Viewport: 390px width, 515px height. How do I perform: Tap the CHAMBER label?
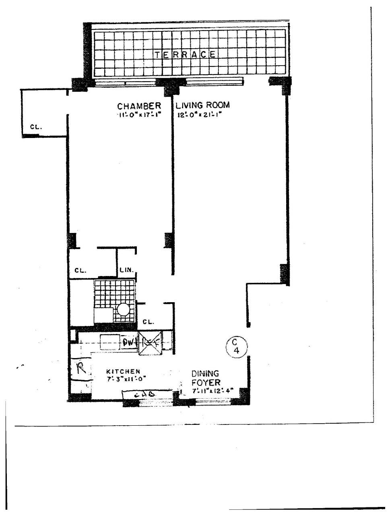tap(139, 106)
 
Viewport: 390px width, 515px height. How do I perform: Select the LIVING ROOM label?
tap(202, 105)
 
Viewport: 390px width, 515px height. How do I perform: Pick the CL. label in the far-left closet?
tap(36, 127)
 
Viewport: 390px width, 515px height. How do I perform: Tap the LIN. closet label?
tap(126, 270)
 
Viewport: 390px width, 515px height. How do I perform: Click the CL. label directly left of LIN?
tap(80, 271)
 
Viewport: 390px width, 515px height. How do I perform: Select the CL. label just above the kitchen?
tap(149, 322)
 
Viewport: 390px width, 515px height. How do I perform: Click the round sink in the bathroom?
tap(123, 309)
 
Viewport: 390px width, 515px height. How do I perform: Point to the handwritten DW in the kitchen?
tap(128, 343)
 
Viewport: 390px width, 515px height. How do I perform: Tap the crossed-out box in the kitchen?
tap(150, 343)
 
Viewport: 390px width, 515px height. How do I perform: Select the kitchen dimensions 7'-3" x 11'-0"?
tap(123, 379)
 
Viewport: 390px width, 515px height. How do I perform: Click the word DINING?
tap(205, 373)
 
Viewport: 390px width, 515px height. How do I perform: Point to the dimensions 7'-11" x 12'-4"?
tap(212, 390)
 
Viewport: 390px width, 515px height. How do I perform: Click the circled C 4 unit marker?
tap(236, 346)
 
